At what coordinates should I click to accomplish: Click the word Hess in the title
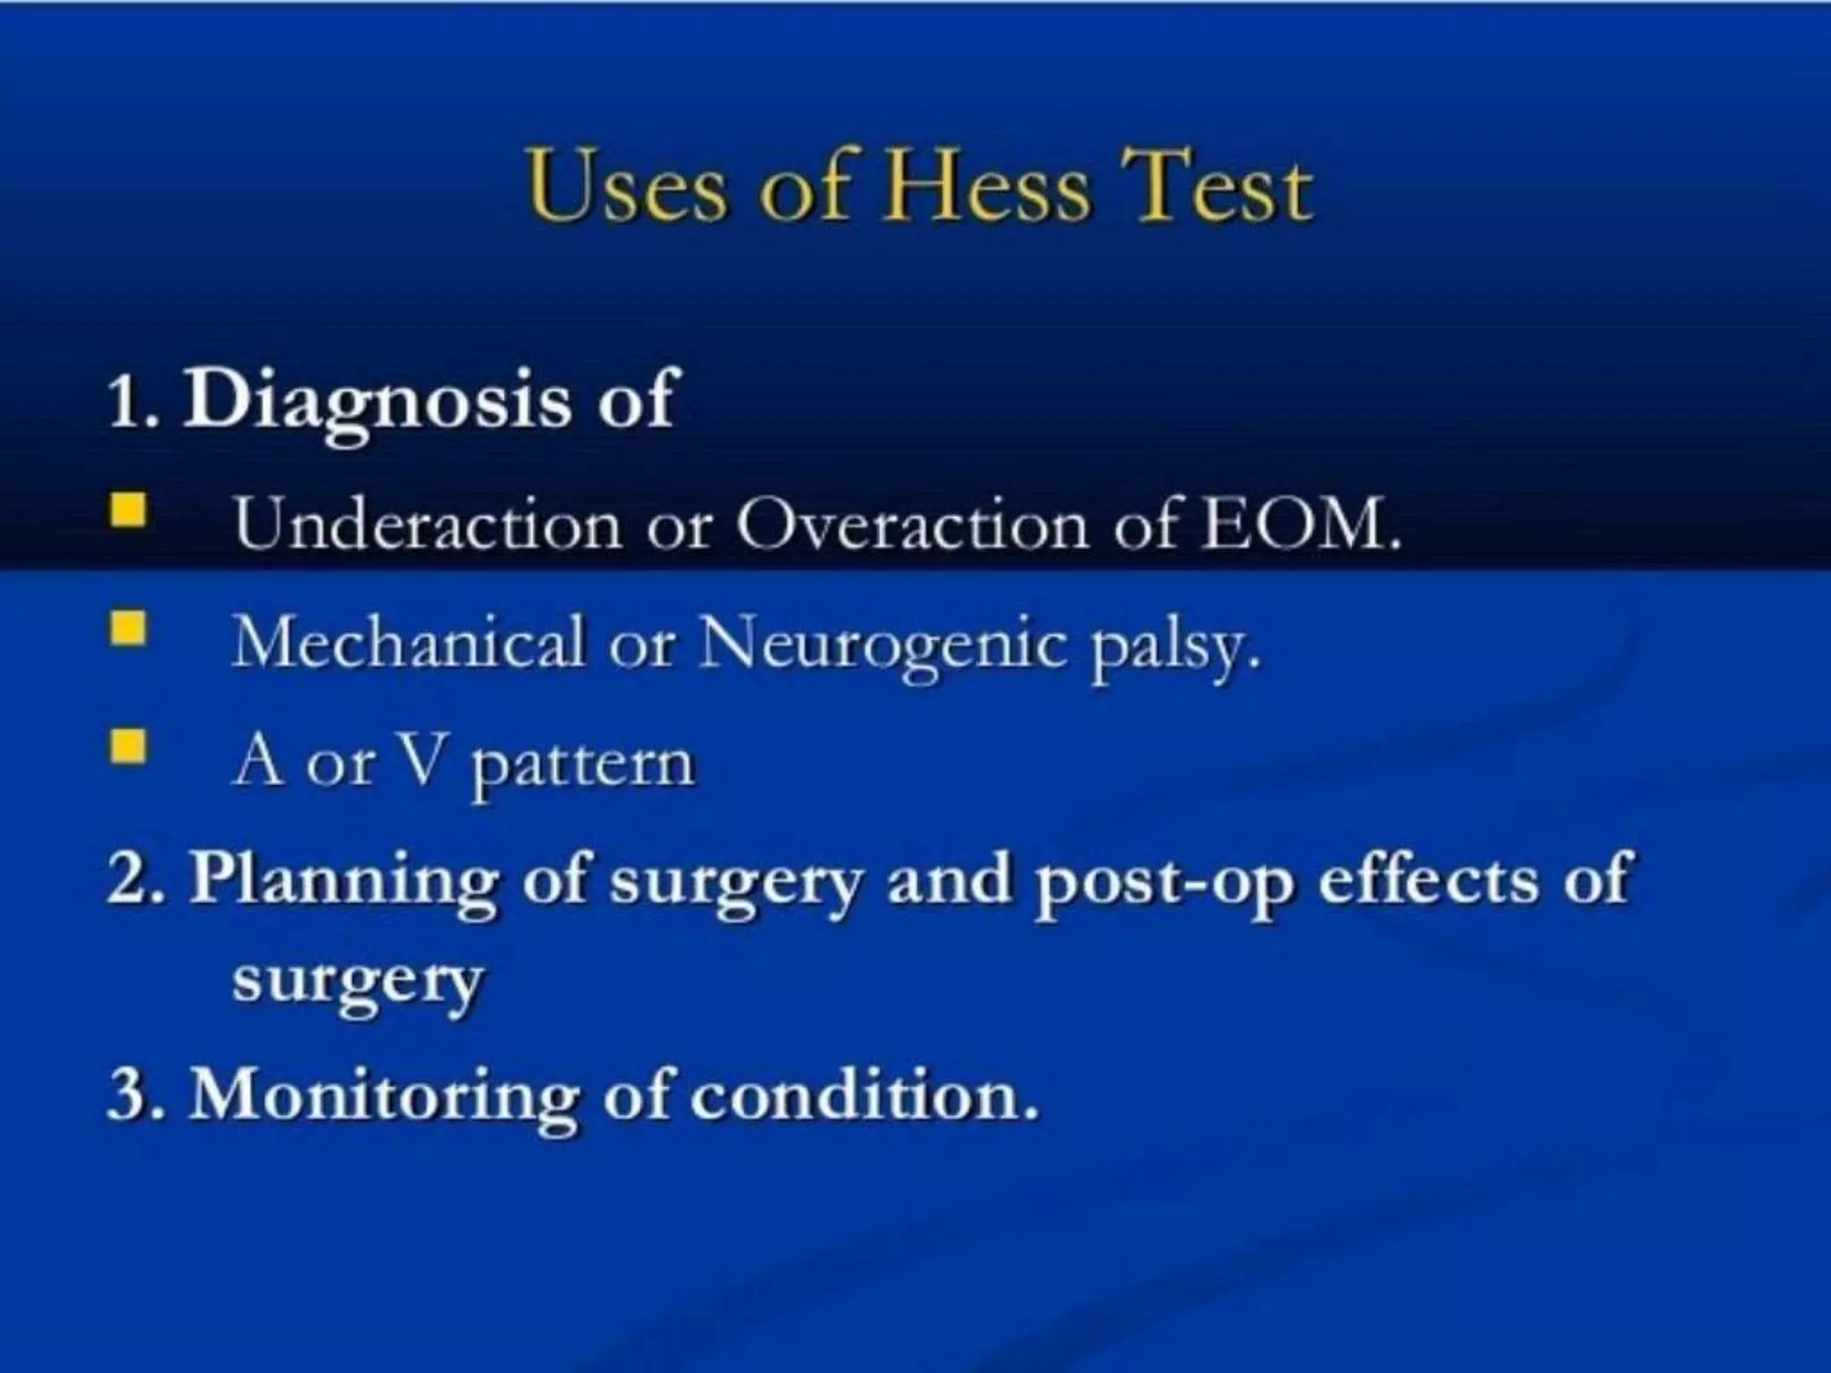[987, 188]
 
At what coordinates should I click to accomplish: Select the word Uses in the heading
[626, 188]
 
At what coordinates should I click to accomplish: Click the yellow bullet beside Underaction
[128, 511]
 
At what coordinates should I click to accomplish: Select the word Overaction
[912, 523]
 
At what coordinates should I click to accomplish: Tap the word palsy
[1171, 645]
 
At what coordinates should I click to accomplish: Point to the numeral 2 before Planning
[125, 879]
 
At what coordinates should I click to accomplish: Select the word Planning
[344, 880]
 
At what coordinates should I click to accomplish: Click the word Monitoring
[384, 1095]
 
